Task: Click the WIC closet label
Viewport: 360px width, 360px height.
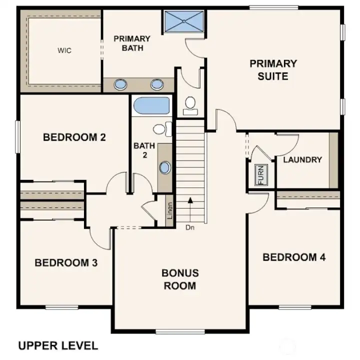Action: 64,51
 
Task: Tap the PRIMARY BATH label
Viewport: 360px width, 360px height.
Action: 132,43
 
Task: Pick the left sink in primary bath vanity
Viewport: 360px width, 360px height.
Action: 120,84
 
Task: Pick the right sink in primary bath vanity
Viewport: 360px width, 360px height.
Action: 156,84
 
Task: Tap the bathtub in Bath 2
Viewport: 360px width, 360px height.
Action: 151,106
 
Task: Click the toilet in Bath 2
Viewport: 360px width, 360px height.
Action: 159,129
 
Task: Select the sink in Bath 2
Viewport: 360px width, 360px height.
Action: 164,167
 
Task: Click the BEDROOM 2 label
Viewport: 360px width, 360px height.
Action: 74,137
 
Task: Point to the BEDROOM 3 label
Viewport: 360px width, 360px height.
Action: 66,262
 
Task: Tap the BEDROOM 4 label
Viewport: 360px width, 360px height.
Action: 294,257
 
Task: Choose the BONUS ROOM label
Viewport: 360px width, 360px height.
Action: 180,279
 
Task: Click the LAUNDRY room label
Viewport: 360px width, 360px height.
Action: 302,160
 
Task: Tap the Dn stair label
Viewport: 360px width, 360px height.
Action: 189,228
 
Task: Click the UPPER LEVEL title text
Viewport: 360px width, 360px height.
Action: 58,345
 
